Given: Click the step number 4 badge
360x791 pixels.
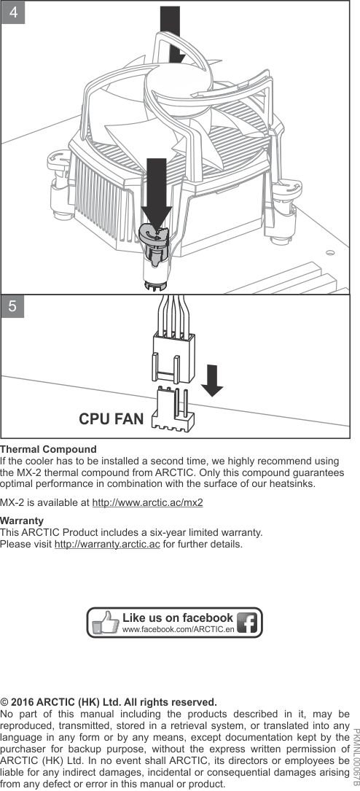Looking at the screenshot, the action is point(13,12).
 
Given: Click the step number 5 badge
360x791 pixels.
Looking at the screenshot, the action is point(13,306).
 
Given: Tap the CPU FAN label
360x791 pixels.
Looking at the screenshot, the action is point(111,418).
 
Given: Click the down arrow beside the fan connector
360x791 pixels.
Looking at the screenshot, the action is point(212,381).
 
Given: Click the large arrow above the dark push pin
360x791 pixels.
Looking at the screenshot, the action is point(156,192).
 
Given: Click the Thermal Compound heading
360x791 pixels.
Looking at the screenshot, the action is point(48,449).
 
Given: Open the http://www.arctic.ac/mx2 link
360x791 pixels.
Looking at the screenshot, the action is point(148,503).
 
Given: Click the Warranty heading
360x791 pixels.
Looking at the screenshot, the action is point(22,520).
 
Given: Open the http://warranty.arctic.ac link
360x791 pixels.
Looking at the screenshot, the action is point(107,545).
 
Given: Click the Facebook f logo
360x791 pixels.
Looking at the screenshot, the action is point(248,623).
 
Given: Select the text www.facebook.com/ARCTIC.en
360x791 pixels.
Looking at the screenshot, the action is point(179,630).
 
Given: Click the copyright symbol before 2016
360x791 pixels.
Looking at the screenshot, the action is point(4,702).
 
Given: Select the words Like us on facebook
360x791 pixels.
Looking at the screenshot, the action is point(178,617).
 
